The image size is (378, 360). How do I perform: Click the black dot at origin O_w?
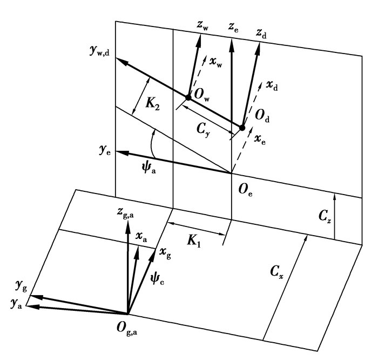click(x=188, y=97)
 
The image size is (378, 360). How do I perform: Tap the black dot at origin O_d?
click(x=242, y=128)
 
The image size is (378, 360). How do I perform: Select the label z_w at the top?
click(x=202, y=25)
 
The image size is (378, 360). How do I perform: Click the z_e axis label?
click(x=233, y=27)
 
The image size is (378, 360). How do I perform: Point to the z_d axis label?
click(x=261, y=34)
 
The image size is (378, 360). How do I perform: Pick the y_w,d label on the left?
click(x=99, y=51)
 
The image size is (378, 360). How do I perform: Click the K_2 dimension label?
click(x=152, y=104)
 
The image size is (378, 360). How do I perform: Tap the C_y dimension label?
click(x=203, y=130)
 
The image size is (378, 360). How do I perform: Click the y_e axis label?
click(x=105, y=151)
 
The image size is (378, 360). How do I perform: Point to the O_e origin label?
click(x=245, y=190)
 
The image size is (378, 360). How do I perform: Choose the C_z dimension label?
click(x=325, y=216)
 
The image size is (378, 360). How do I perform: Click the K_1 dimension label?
click(x=194, y=241)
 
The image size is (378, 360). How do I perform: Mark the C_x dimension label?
click(x=276, y=272)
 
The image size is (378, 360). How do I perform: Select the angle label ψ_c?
click(x=158, y=279)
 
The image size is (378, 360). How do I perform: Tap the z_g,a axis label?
click(x=125, y=213)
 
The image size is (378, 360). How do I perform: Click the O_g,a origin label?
click(x=127, y=329)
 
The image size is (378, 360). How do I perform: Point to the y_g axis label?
click(x=21, y=286)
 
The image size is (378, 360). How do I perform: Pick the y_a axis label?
click(x=16, y=304)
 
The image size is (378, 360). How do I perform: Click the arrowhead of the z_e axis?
click(x=232, y=45)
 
